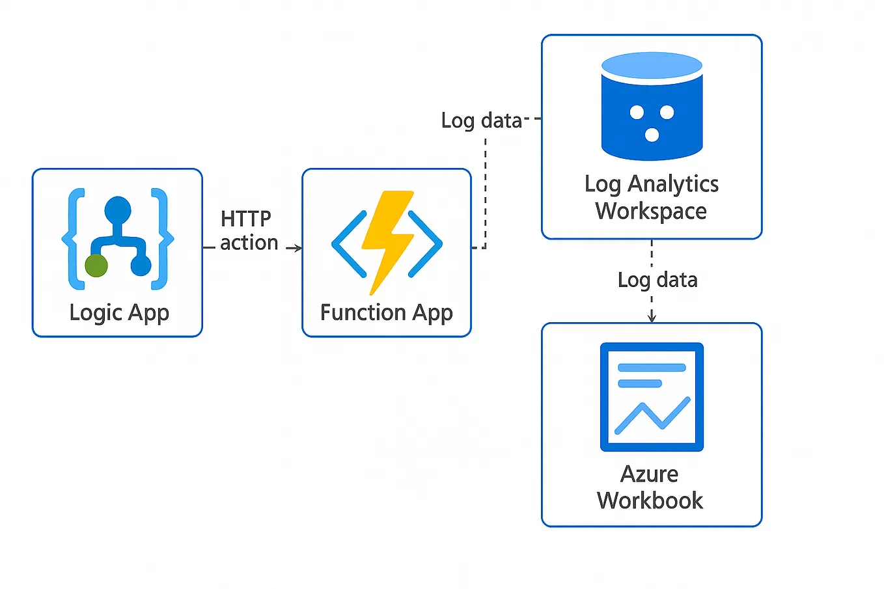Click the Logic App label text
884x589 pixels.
pyautogui.click(x=119, y=313)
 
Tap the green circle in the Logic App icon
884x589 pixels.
pyautogui.click(x=96, y=266)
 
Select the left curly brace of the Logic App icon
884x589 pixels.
pyautogui.click(x=74, y=239)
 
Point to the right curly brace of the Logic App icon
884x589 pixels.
pyautogui.click(x=161, y=239)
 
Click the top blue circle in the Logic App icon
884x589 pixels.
pyautogui.click(x=118, y=210)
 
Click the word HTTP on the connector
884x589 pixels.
pyautogui.click(x=245, y=219)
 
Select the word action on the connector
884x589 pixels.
pyautogui.click(x=249, y=243)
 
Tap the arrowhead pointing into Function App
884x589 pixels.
pyautogui.click(x=297, y=248)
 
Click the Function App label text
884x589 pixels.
pyautogui.click(x=386, y=313)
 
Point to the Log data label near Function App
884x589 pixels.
pyautogui.click(x=481, y=120)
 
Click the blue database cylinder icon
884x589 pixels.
pyautogui.click(x=652, y=107)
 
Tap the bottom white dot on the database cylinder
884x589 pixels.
pyautogui.click(x=652, y=135)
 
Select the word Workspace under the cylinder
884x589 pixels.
pyautogui.click(x=651, y=212)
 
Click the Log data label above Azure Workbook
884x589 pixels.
pyautogui.click(x=657, y=280)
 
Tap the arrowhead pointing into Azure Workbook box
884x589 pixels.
pyautogui.click(x=652, y=318)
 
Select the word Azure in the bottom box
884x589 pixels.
pyautogui.click(x=649, y=474)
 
